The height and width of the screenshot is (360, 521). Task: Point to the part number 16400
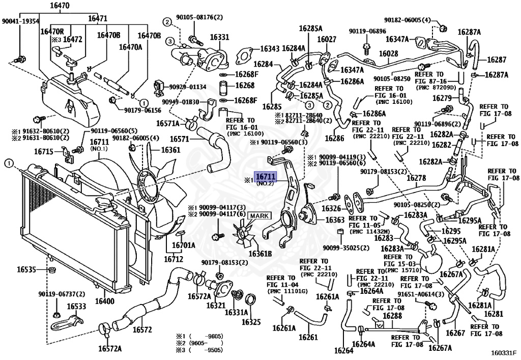[105, 301]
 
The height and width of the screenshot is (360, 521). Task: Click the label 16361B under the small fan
[260, 254]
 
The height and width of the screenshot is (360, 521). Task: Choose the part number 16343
[270, 49]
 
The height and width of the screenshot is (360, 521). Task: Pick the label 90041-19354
[20, 21]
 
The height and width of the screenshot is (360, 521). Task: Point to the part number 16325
[251, 322]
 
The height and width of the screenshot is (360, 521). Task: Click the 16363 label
[335, 220]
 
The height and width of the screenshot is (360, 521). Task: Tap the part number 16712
[173, 259]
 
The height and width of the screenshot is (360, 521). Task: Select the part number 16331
[219, 37]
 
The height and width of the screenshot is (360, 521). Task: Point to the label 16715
[44, 151]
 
